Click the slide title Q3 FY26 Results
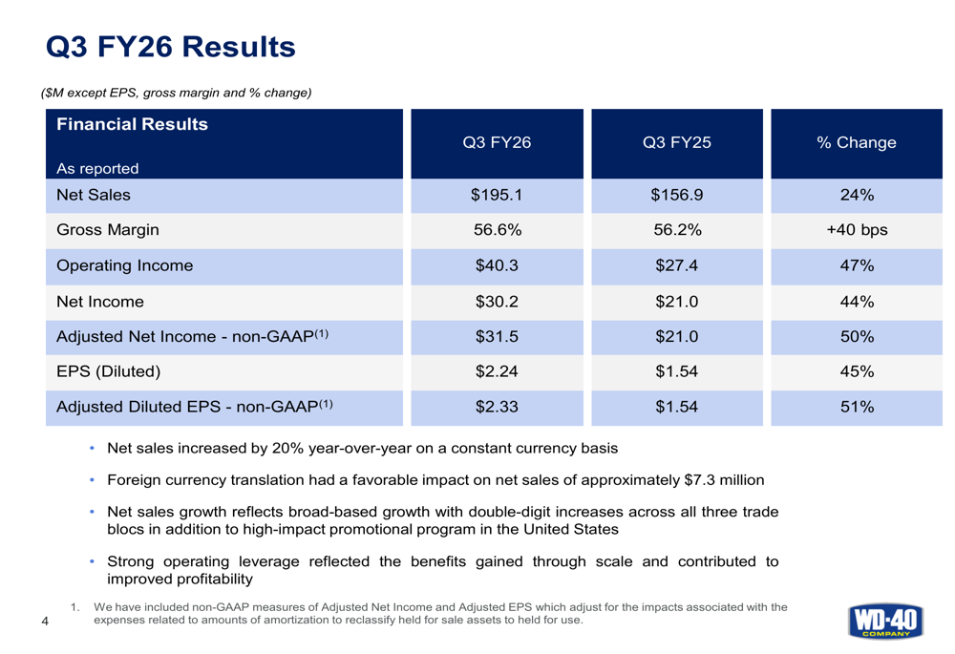tap(171, 47)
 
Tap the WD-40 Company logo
tap(885, 622)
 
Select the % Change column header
tap(857, 142)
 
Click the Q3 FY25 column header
tap(677, 142)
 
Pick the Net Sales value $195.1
tap(497, 195)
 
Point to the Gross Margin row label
tap(108, 229)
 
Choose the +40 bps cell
tap(857, 229)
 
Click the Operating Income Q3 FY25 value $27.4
tap(677, 265)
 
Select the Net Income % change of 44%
tap(857, 302)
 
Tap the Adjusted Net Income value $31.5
tap(497, 337)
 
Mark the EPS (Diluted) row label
tap(109, 371)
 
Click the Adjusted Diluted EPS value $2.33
tap(497, 407)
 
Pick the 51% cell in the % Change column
tap(857, 407)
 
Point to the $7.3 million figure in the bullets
tap(724, 480)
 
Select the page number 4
tap(45, 622)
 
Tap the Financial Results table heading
tap(132, 124)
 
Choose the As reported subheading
tap(97, 169)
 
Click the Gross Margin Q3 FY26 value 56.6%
tap(498, 229)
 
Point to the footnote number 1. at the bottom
tap(75, 607)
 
